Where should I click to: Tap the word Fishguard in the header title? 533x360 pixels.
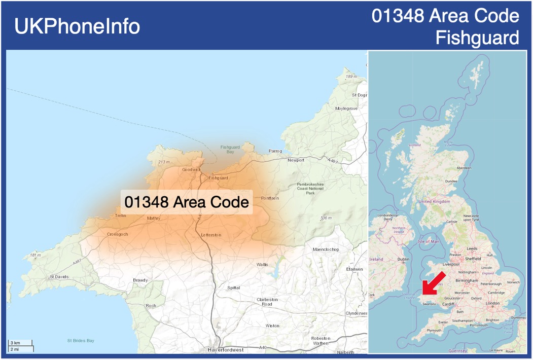coord(477,38)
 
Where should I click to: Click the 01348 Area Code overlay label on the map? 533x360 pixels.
coord(187,202)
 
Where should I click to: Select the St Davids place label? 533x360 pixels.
coord(59,277)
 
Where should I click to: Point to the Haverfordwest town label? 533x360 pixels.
coord(226,350)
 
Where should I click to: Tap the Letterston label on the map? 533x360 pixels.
coord(211,235)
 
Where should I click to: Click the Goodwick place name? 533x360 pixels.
coord(192,169)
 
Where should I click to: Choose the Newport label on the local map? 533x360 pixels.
coord(296,160)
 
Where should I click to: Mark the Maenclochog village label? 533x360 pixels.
coord(326,249)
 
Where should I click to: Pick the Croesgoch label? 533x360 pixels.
coord(118,234)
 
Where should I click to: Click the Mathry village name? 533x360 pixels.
coord(154,219)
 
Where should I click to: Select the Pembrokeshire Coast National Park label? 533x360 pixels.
coord(310,189)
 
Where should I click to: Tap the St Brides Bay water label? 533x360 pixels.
coord(81,341)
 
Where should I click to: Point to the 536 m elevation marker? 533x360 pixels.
coord(326,218)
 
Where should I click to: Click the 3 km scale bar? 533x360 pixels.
coord(21,343)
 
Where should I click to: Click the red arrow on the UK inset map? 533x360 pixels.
coord(434,283)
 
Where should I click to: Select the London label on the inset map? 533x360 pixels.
coord(492,303)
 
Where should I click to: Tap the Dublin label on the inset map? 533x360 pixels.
coord(404,259)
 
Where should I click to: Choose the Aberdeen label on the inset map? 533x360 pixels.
coord(464,168)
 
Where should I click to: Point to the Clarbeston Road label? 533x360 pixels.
coord(267,302)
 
